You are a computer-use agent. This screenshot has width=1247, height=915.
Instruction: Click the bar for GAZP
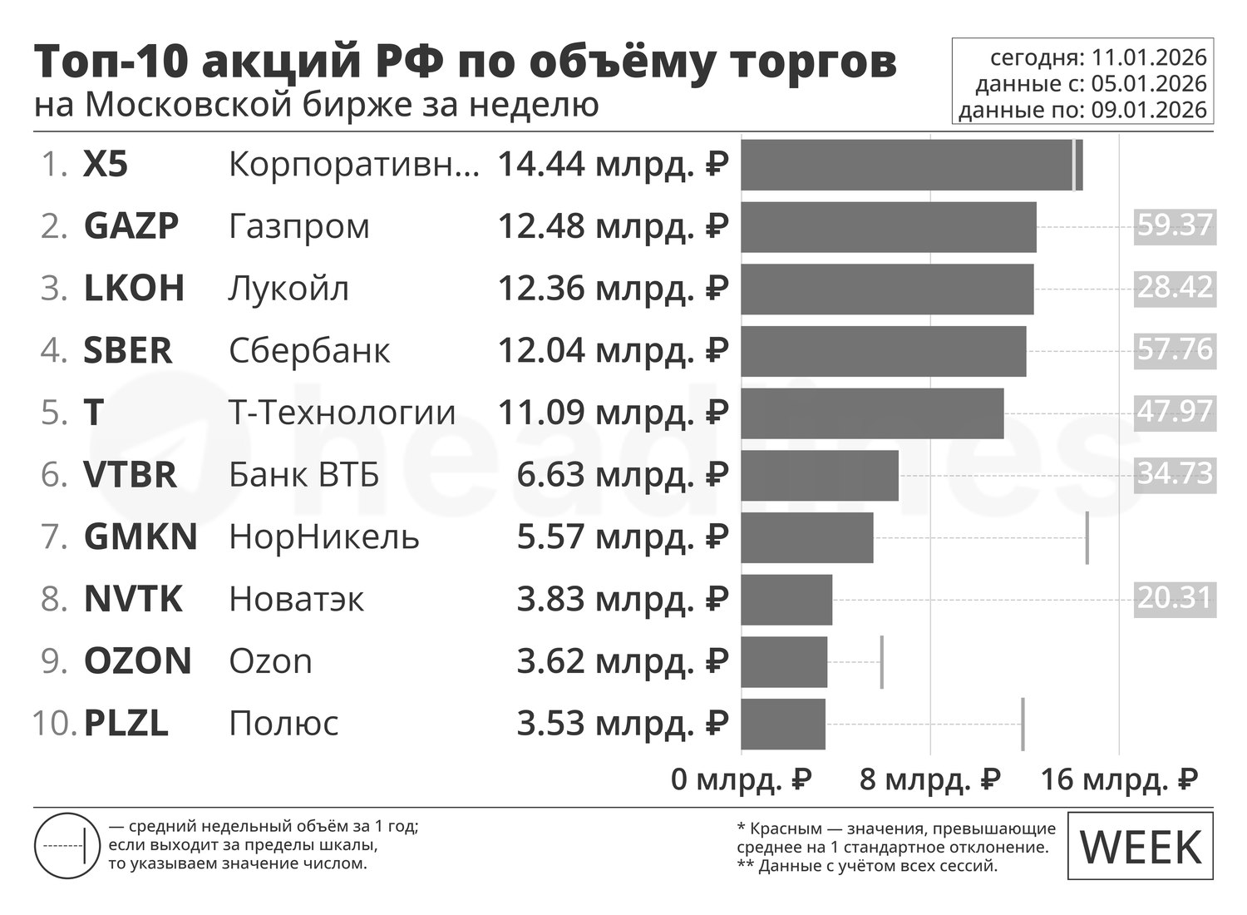888,226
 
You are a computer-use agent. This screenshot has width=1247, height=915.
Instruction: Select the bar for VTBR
819,475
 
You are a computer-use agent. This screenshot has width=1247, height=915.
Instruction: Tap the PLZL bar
782,724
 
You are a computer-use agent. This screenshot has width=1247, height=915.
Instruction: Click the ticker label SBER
128,351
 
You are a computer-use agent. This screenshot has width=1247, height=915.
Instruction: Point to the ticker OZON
138,661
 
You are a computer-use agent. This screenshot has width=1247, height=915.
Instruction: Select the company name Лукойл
288,289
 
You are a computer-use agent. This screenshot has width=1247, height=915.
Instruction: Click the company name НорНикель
323,537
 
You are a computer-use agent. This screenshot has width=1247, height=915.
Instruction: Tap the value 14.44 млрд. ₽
613,165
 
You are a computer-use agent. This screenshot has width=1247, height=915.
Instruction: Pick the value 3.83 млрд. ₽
623,599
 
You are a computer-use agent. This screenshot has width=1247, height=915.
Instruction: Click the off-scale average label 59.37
1175,225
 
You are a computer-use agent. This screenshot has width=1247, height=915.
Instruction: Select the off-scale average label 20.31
1175,597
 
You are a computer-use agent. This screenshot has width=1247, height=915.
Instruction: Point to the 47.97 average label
1175,411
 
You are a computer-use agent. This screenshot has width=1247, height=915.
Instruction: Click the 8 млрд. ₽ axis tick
929,779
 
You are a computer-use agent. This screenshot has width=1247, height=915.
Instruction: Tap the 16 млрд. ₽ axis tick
1119,779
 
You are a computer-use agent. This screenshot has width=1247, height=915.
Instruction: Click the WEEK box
1140,846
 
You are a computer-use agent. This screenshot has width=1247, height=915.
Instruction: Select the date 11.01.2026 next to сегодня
1149,57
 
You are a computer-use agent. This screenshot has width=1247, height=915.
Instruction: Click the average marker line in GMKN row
1087,537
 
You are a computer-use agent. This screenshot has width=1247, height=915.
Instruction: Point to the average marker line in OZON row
881,661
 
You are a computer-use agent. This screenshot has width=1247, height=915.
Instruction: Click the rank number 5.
53,413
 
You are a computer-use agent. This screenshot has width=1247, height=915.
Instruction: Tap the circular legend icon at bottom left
67,846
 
